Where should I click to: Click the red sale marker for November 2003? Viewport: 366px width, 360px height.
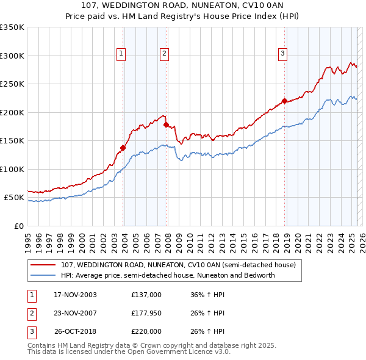[123, 147]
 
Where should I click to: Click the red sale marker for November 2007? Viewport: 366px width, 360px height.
[167, 124]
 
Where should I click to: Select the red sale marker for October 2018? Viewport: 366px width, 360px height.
[284, 101]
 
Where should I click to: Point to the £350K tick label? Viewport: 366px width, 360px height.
[12, 27]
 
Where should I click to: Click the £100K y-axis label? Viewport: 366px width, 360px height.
[12, 169]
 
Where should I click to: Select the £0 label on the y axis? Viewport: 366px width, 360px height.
[18, 226]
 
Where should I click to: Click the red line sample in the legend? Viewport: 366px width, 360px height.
[43, 265]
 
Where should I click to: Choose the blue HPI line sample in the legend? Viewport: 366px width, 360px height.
[43, 275]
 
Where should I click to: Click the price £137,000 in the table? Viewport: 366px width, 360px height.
[146, 295]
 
